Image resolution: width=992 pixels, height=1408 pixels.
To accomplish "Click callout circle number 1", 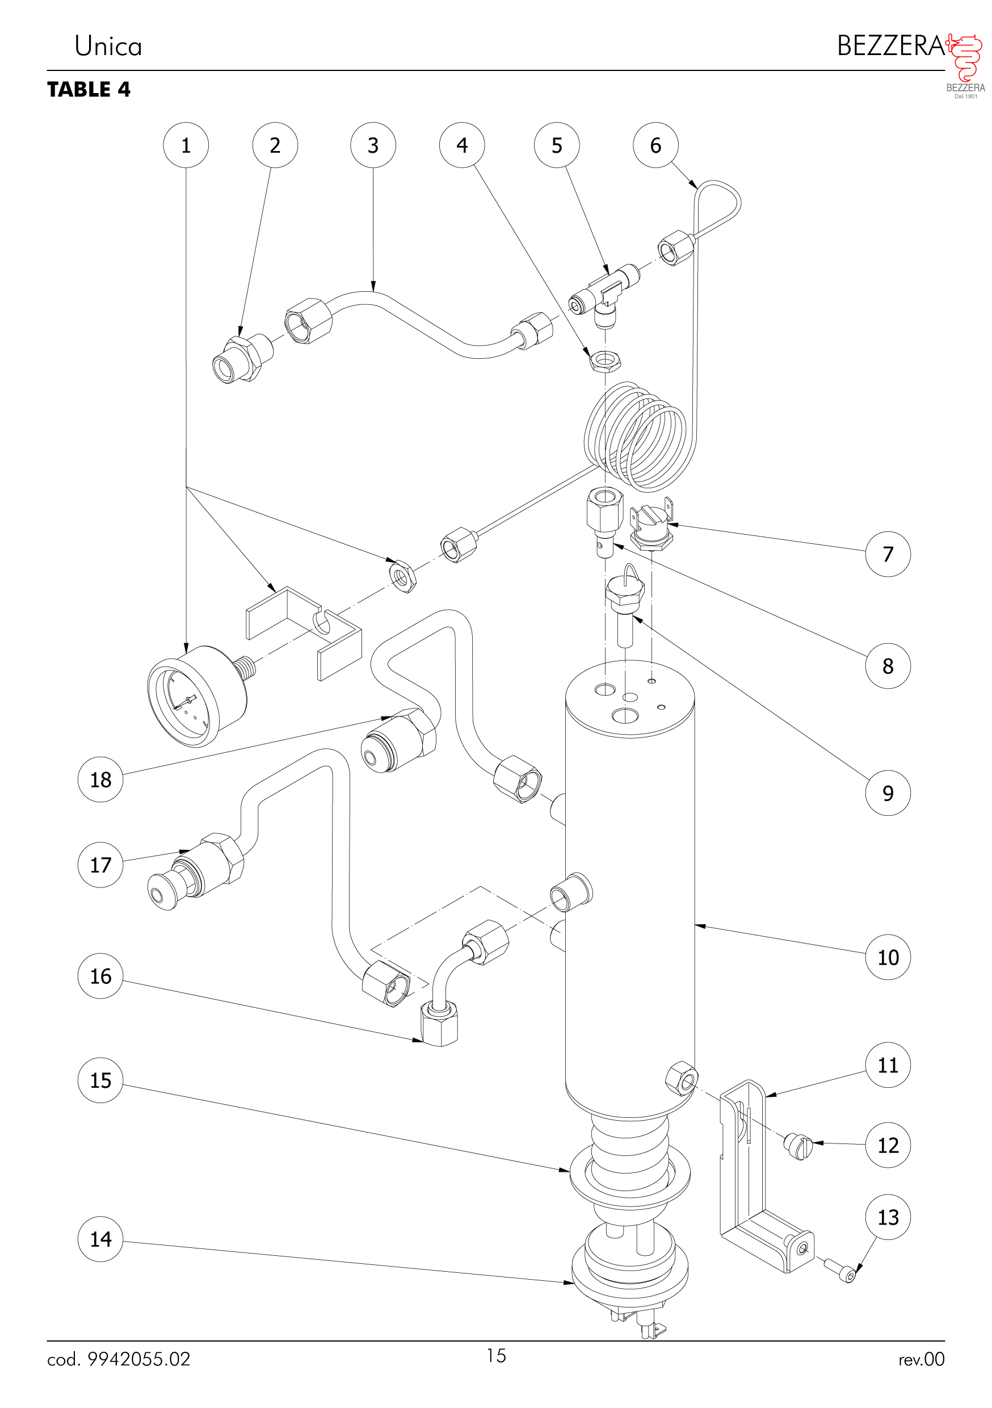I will point(186,145).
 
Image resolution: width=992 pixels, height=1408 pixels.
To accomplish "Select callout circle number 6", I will point(655,145).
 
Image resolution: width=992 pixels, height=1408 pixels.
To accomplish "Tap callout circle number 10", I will point(887,957).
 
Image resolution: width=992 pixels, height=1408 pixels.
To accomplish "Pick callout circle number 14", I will point(100,1239).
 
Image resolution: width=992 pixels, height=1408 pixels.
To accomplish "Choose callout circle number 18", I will point(100,780).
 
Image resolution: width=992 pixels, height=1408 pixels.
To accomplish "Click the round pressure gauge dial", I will point(184,699).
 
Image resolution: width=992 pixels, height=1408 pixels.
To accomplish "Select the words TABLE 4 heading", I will point(89,90).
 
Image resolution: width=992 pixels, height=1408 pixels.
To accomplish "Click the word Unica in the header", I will point(108,47).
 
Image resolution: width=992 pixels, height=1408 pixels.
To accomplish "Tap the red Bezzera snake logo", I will point(966,58).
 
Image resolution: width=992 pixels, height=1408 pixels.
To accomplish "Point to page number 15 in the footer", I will point(496,1355).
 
